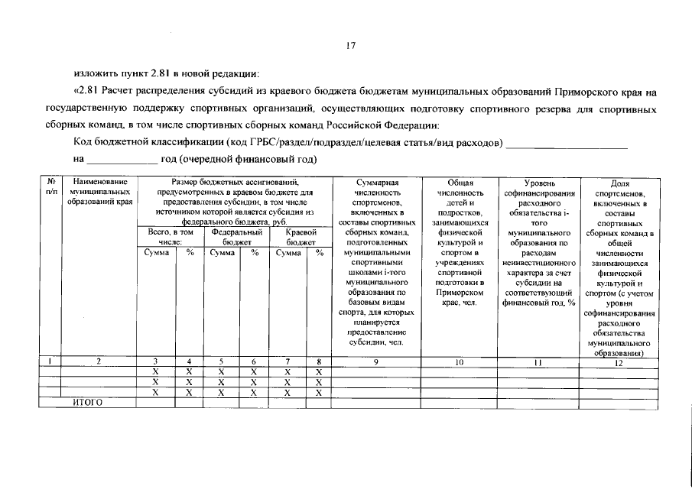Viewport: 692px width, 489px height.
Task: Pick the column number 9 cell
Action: coord(377,362)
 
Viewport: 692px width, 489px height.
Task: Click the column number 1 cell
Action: coord(50,362)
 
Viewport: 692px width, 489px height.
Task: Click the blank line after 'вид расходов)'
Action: coord(567,144)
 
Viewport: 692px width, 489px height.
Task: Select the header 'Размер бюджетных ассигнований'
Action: coord(234,183)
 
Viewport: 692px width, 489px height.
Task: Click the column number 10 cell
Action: coord(460,362)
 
